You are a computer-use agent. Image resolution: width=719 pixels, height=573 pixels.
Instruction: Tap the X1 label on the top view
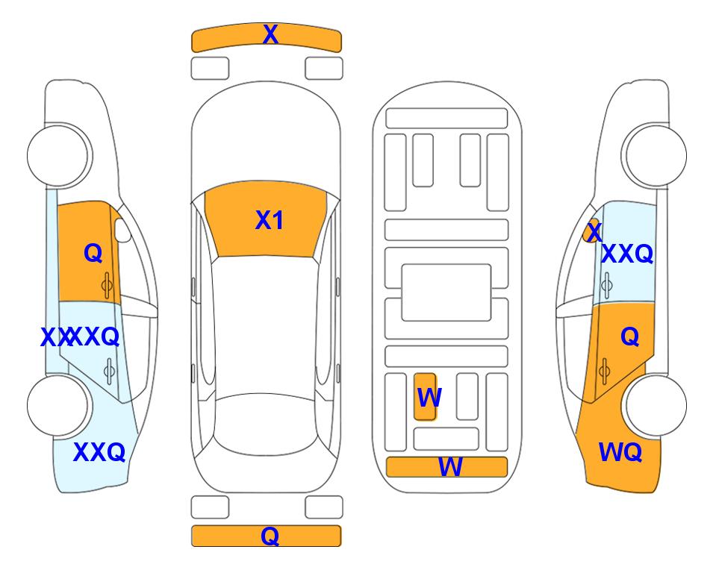(269, 221)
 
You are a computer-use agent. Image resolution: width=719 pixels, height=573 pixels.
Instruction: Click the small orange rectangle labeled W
(426, 397)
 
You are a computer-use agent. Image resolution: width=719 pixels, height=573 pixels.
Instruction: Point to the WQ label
(620, 451)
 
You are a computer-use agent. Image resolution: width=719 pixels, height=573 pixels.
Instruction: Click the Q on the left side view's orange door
(93, 254)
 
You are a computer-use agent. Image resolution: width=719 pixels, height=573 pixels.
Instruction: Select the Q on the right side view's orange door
(629, 337)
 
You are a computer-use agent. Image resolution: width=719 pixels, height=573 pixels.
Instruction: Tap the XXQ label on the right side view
(627, 254)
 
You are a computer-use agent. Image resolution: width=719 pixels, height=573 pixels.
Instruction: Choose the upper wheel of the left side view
(57, 155)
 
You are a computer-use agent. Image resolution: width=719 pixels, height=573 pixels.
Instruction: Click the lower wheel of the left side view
(57, 404)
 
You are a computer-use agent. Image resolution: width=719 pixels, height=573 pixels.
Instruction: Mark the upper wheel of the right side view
(655, 155)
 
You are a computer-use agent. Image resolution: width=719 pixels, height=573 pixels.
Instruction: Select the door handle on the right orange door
(606, 369)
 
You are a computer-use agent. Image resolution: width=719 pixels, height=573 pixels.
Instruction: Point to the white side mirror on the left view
(122, 231)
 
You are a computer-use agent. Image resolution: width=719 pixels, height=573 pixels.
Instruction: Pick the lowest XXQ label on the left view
(99, 452)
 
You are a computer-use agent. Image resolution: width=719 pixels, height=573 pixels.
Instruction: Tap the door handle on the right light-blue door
(606, 284)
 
